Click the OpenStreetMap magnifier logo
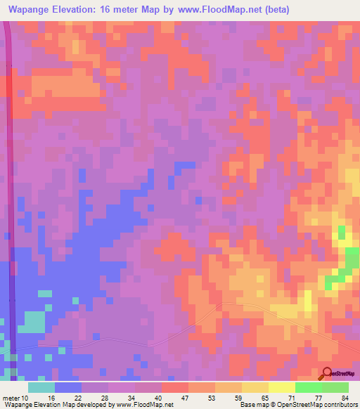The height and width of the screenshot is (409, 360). coord(327,372)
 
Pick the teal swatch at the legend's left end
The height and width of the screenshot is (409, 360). coord(41,387)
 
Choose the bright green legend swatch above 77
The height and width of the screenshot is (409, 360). coord(309,387)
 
